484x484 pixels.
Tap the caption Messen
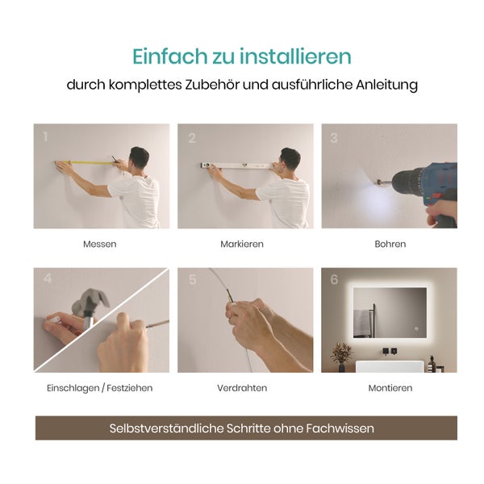100,244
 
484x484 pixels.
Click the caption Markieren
242,244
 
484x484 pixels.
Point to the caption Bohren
390,244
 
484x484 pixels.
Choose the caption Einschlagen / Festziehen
100,388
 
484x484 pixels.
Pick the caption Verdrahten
242,388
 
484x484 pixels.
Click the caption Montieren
390,388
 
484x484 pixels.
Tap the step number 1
46,137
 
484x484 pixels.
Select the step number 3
334,138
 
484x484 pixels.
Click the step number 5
192,281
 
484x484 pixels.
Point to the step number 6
334,281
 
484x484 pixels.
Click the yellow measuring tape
89,163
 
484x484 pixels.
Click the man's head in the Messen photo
139,157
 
